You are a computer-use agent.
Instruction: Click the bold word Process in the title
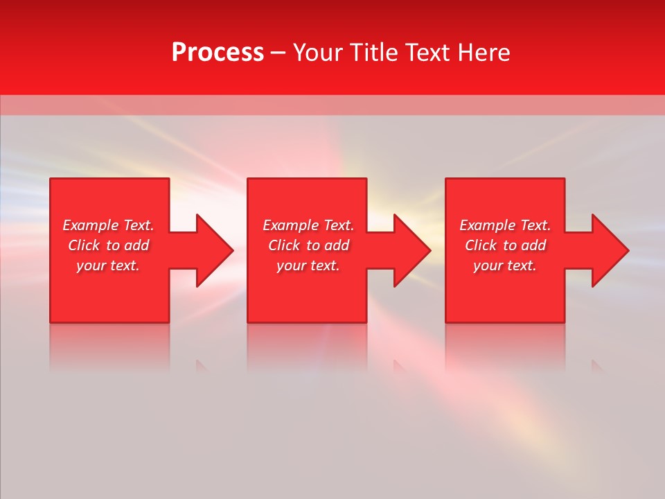point(218,53)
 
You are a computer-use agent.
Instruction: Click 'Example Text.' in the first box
point(108,225)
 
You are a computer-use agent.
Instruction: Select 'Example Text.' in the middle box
point(308,225)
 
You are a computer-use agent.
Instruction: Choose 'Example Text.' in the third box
point(505,225)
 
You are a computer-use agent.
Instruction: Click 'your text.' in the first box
point(108,265)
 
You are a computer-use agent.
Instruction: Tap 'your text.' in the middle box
point(308,265)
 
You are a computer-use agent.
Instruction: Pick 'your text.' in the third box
point(505,265)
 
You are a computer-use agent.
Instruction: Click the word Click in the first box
point(85,245)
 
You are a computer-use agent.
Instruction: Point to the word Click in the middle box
point(285,245)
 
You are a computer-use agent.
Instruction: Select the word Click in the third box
point(481,245)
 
